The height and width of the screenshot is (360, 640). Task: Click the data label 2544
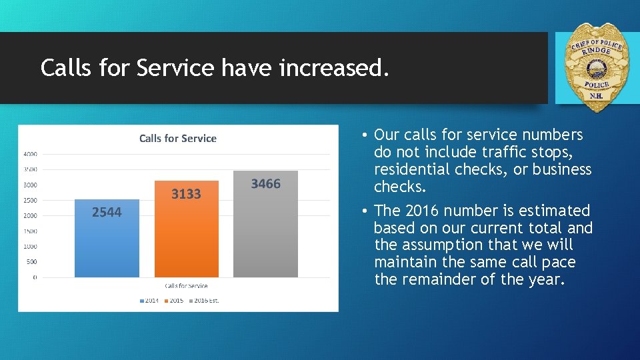[x=107, y=212]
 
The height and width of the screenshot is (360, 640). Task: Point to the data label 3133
[x=186, y=194]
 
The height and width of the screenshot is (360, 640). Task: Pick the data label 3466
[x=265, y=184]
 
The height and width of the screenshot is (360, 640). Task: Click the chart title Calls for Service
[x=177, y=139]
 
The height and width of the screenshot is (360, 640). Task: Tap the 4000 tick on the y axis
[x=30, y=154]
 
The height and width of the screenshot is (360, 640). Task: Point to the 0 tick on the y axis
[x=35, y=277]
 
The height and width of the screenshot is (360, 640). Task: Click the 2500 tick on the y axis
[x=30, y=200]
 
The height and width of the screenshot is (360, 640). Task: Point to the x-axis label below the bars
[x=186, y=286]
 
